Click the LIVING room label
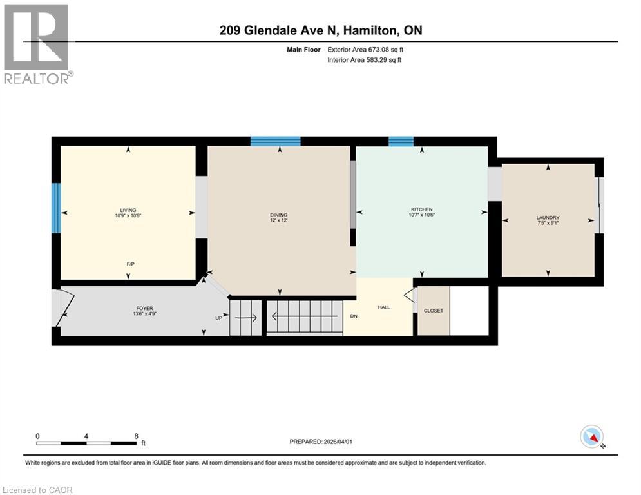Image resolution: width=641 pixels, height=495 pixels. [128, 209]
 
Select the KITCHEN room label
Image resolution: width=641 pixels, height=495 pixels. [422, 209]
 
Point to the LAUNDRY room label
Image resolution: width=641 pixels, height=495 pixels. [548, 218]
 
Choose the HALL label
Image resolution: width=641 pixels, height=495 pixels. [384, 307]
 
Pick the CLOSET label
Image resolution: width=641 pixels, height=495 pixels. [434, 311]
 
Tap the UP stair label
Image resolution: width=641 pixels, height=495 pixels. [219, 317]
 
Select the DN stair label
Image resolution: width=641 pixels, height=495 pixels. [354, 316]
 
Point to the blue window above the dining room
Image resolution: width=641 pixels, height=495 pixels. [275, 141]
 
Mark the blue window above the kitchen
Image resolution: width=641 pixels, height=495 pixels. [401, 141]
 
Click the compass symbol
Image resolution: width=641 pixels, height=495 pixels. [591, 436]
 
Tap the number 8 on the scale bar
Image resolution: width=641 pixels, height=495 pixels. [136, 436]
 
